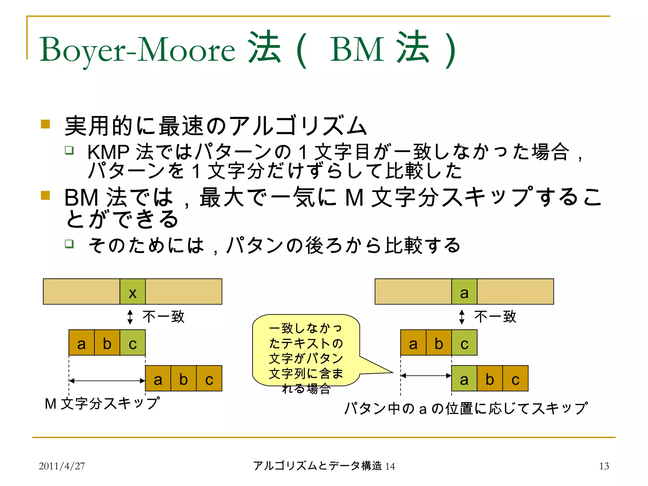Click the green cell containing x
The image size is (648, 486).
pyautogui.click(x=133, y=292)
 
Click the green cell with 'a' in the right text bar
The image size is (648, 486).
pyautogui.click(x=464, y=292)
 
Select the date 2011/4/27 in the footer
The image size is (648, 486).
pyautogui.click(x=62, y=466)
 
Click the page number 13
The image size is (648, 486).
pyautogui.click(x=604, y=466)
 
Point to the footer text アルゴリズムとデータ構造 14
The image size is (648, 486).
pyautogui.click(x=324, y=466)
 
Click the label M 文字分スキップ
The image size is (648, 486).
pyautogui.click(x=102, y=404)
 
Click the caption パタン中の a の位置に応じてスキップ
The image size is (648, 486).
pyautogui.click(x=466, y=408)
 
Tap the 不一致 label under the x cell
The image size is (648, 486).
pyautogui.click(x=163, y=317)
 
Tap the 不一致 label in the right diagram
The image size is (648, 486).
pyautogui.click(x=495, y=317)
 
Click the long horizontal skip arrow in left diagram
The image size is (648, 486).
pyautogui.click(x=107, y=381)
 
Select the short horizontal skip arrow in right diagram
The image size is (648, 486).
pyautogui.click(x=426, y=376)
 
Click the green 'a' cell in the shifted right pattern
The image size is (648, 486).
pyautogui.click(x=464, y=378)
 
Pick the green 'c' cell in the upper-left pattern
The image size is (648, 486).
pyautogui.click(x=133, y=343)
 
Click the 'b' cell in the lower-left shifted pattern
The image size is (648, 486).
pyautogui.click(x=184, y=378)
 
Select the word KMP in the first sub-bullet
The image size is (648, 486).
pyautogui.click(x=108, y=152)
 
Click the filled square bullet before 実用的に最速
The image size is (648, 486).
pyautogui.click(x=46, y=124)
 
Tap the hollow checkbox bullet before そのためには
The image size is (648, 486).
pyautogui.click(x=69, y=244)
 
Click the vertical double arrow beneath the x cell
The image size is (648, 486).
pyautogui.click(x=130, y=317)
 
